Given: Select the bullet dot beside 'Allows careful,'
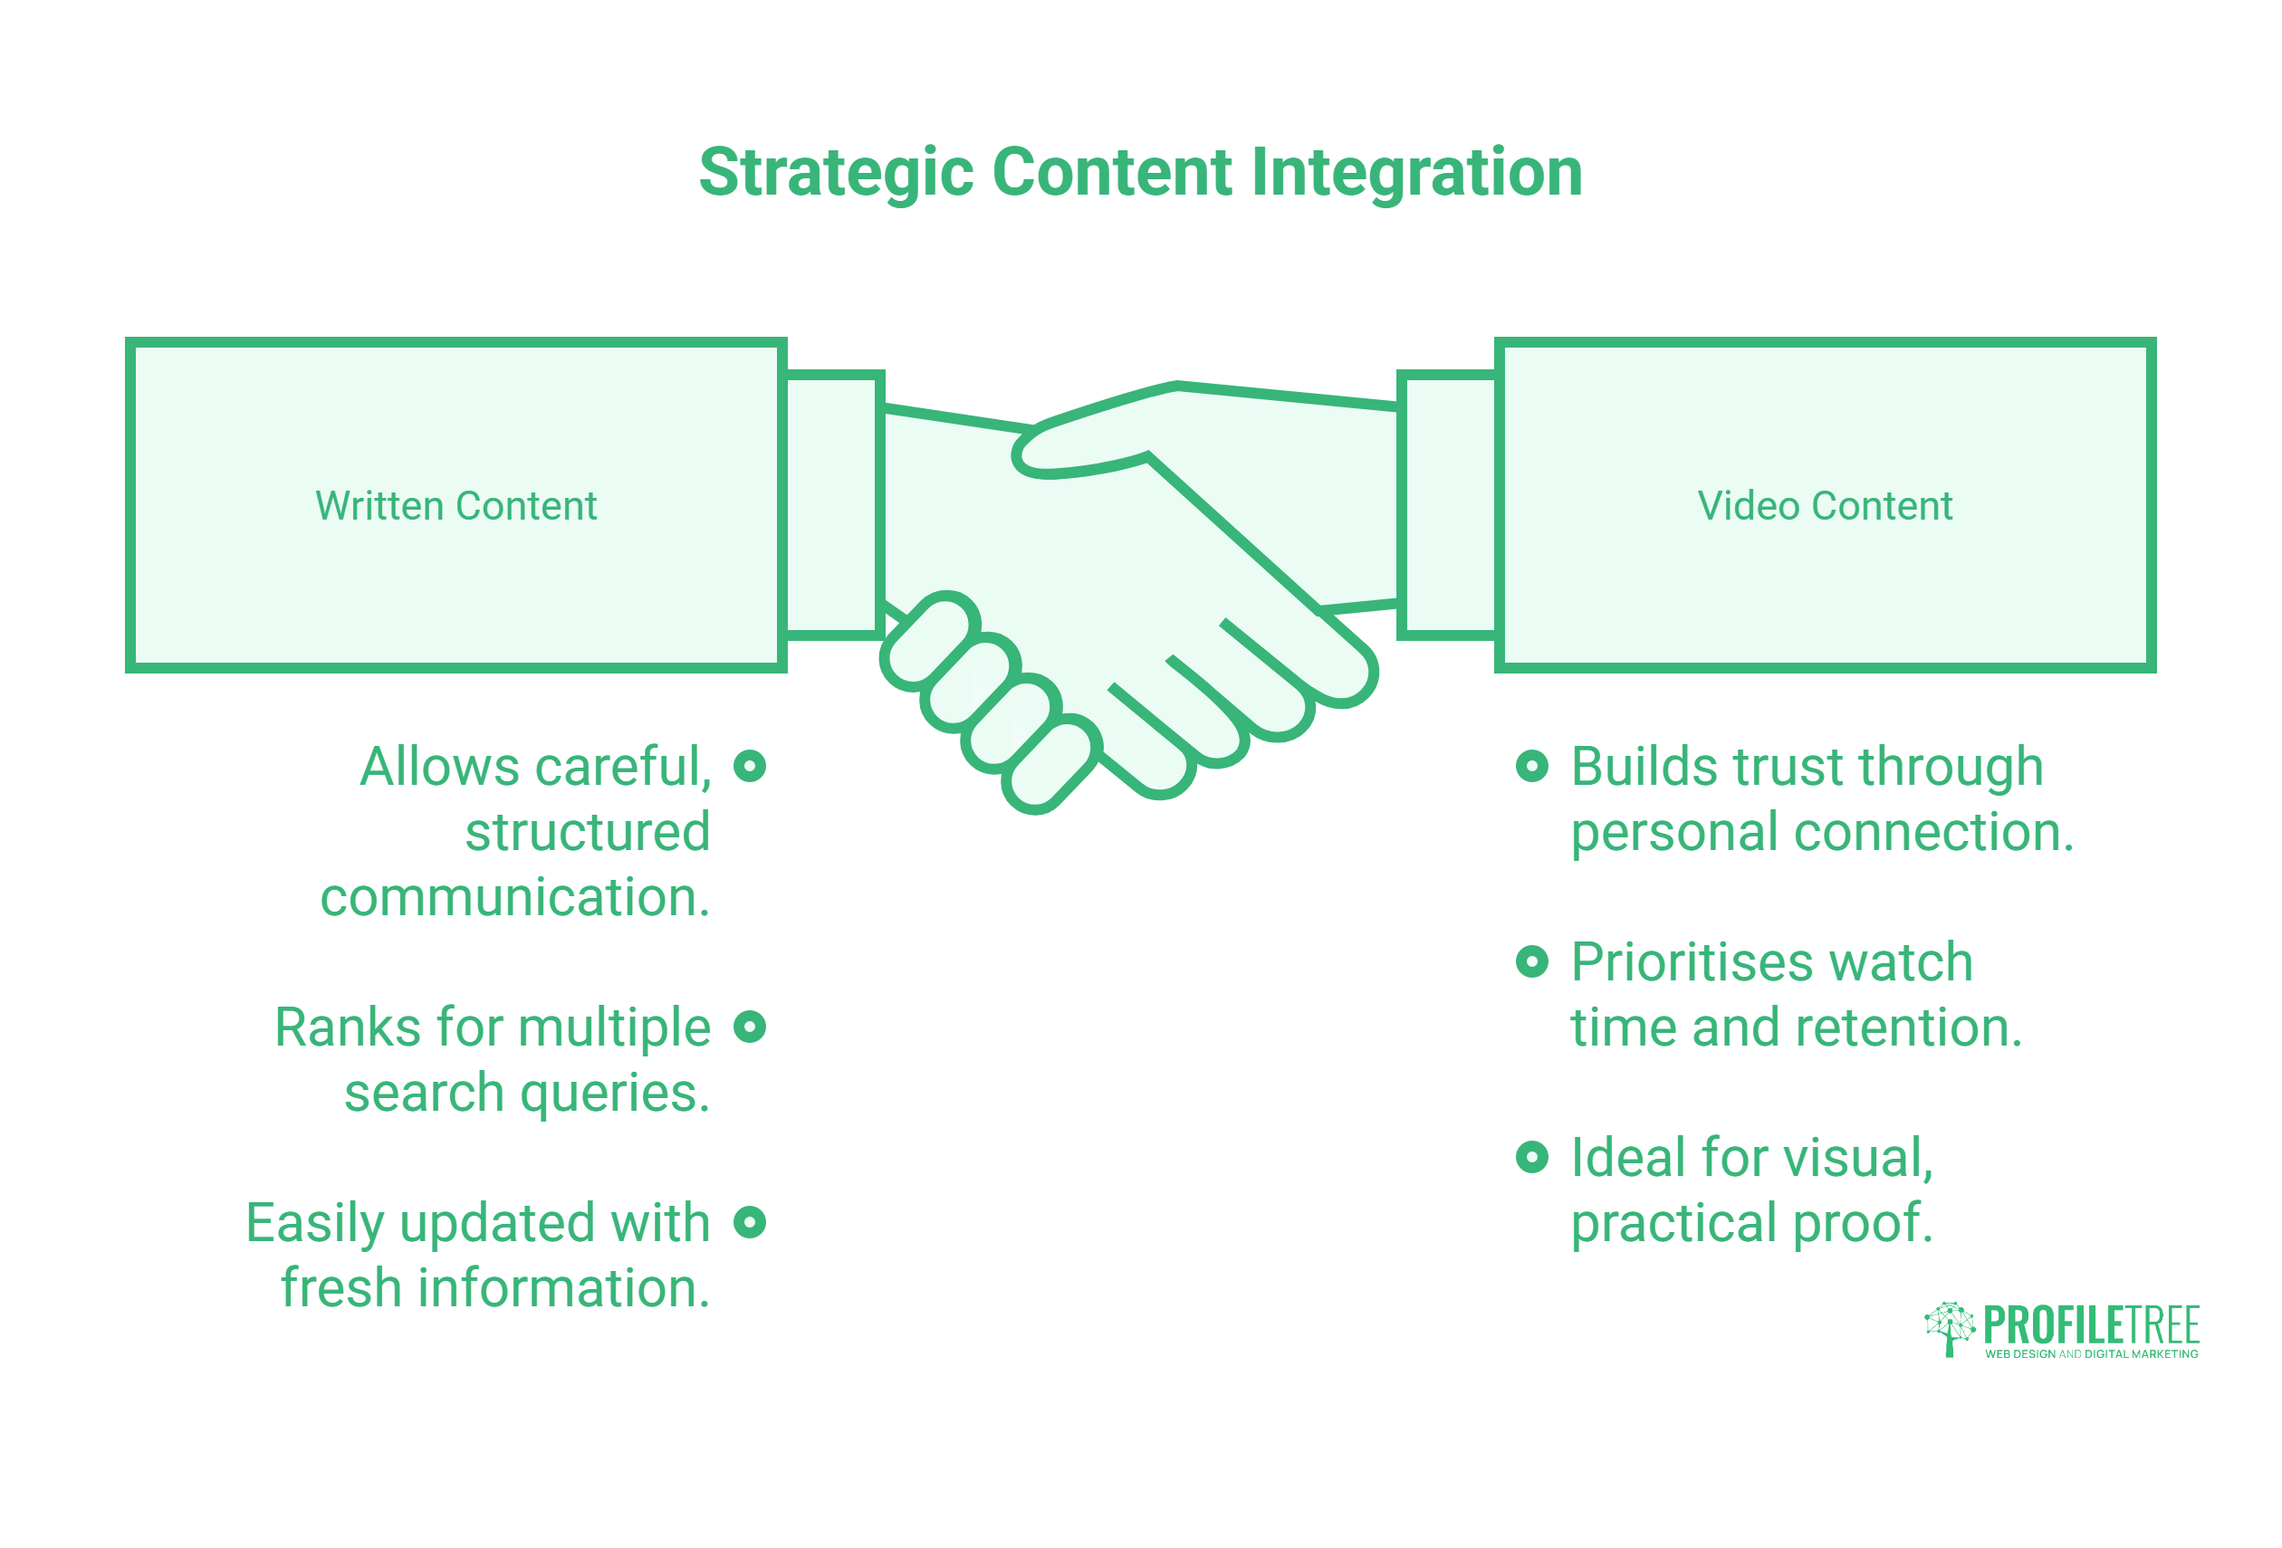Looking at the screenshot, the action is click(x=749, y=766).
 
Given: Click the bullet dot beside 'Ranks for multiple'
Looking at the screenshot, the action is click(x=749, y=1027).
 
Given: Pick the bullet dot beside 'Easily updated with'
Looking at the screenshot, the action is click(x=749, y=1222).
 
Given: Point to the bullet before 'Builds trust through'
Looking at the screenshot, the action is click(x=1532, y=766).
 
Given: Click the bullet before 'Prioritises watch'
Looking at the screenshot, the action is click(x=1532, y=961).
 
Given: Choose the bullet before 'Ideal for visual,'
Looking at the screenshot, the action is click(x=1532, y=1156).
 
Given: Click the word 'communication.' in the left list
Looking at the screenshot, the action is click(x=514, y=897).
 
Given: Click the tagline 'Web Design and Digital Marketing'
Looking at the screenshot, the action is click(x=2092, y=1353).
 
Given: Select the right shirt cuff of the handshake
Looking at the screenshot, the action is click(x=1448, y=505).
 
